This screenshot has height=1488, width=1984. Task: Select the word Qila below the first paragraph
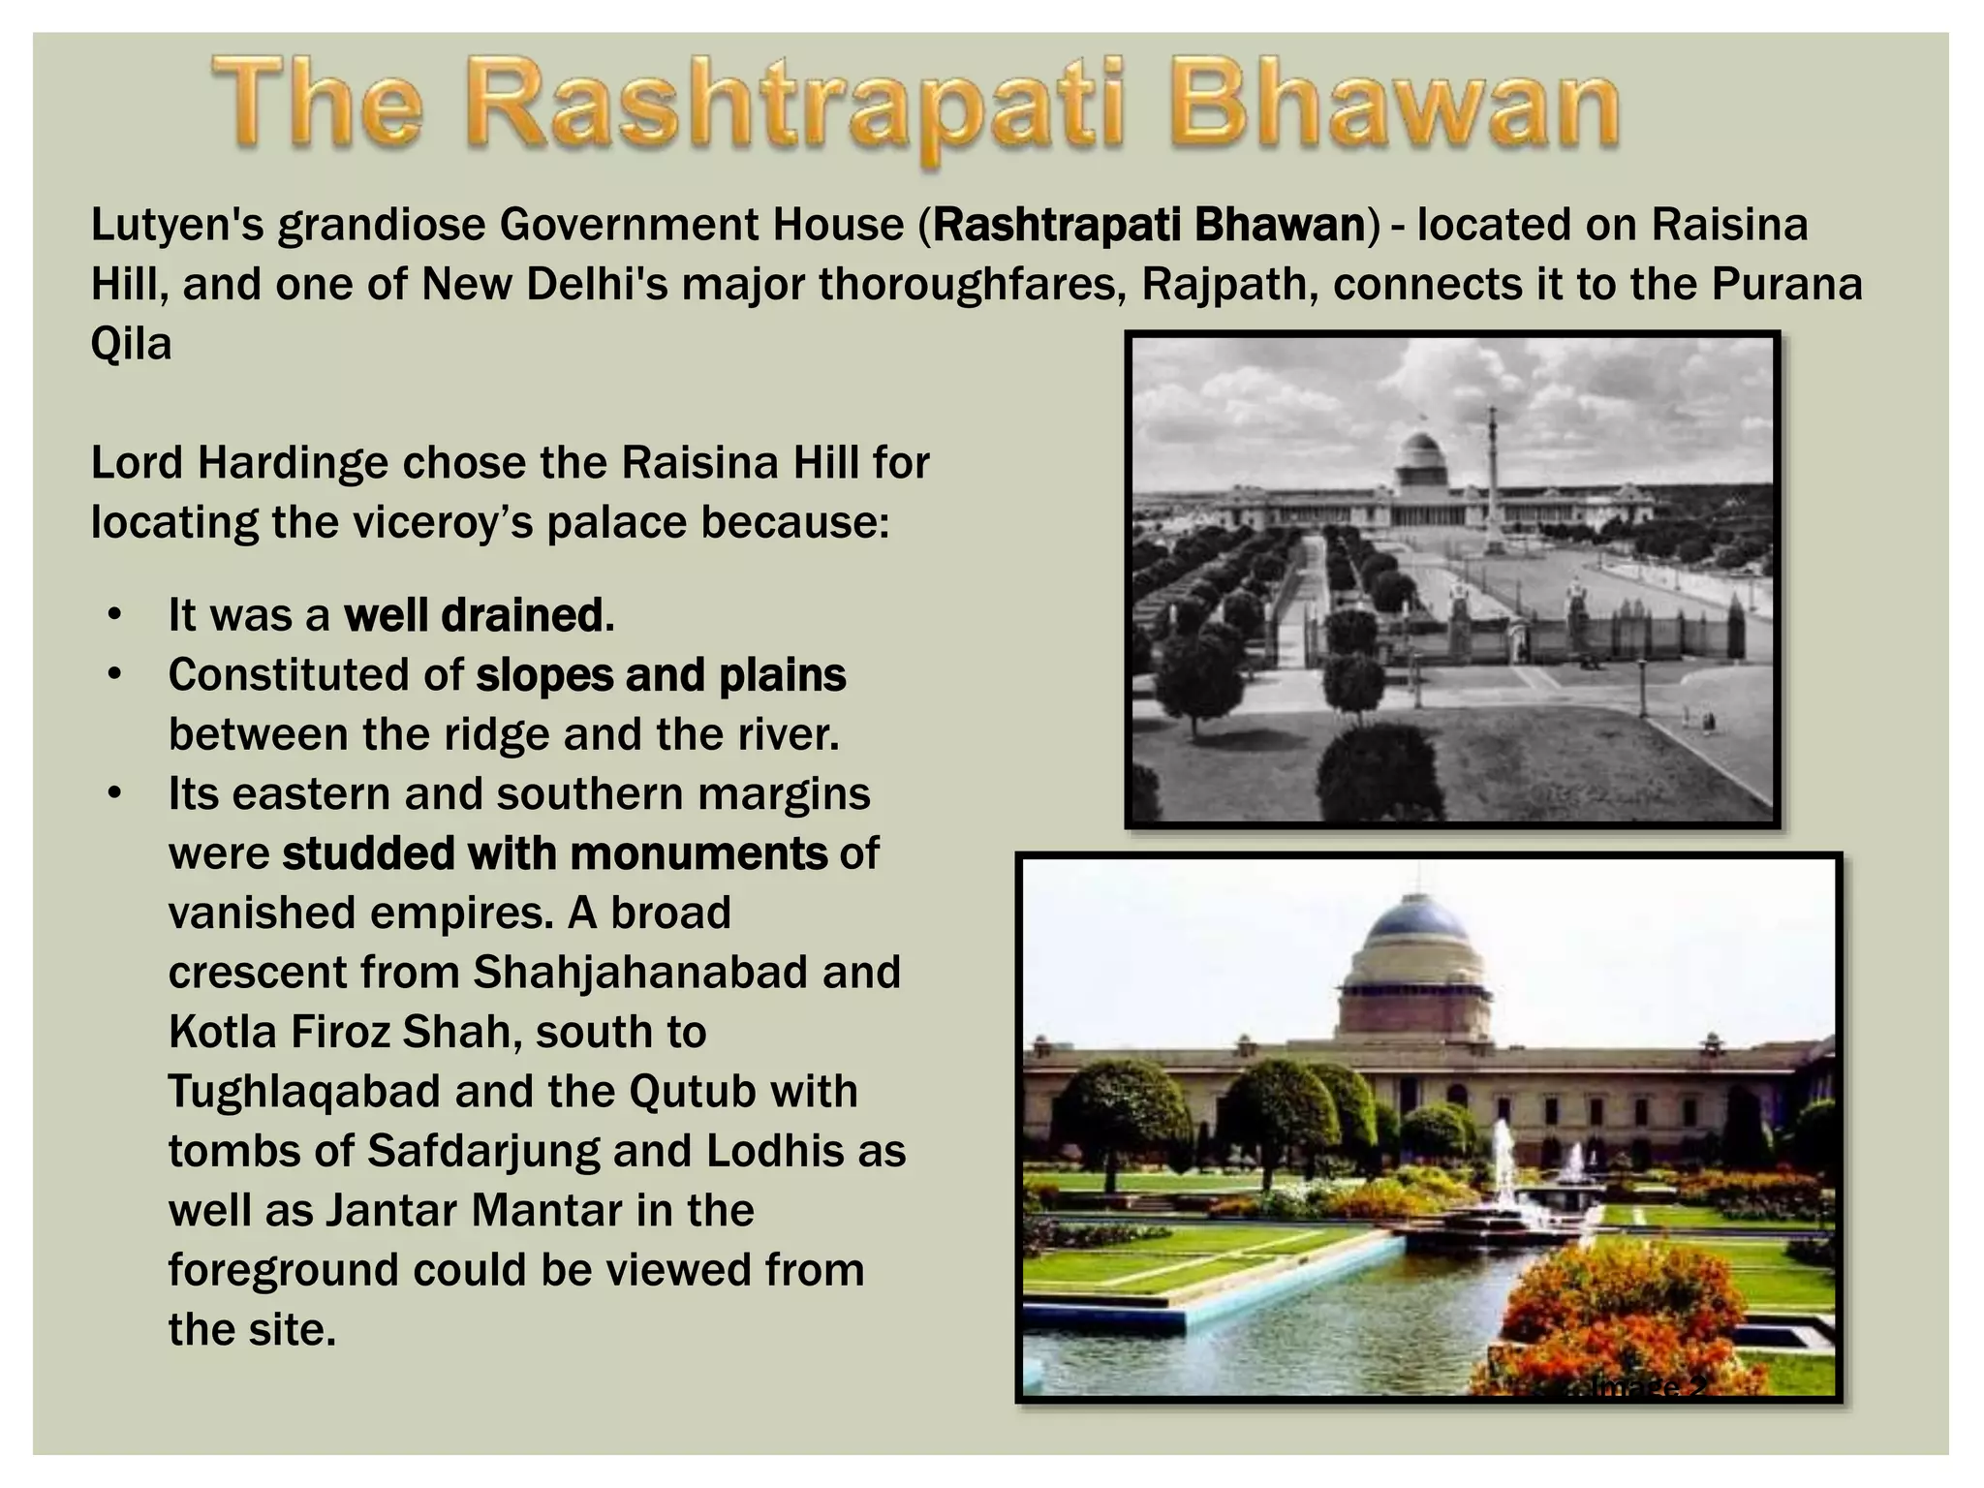[x=131, y=344]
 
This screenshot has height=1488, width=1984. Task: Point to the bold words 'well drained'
[x=479, y=615]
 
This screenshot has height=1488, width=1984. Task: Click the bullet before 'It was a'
[x=115, y=615]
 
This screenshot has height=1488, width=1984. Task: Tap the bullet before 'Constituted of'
[x=115, y=675]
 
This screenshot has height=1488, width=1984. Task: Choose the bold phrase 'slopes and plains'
[x=661, y=675]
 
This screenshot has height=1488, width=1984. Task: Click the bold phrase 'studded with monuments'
[x=554, y=853]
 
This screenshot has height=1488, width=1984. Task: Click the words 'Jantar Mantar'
[x=474, y=1211]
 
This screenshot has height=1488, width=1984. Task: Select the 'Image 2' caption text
[x=1647, y=1387]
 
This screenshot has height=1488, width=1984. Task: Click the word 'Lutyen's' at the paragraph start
[x=177, y=226]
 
